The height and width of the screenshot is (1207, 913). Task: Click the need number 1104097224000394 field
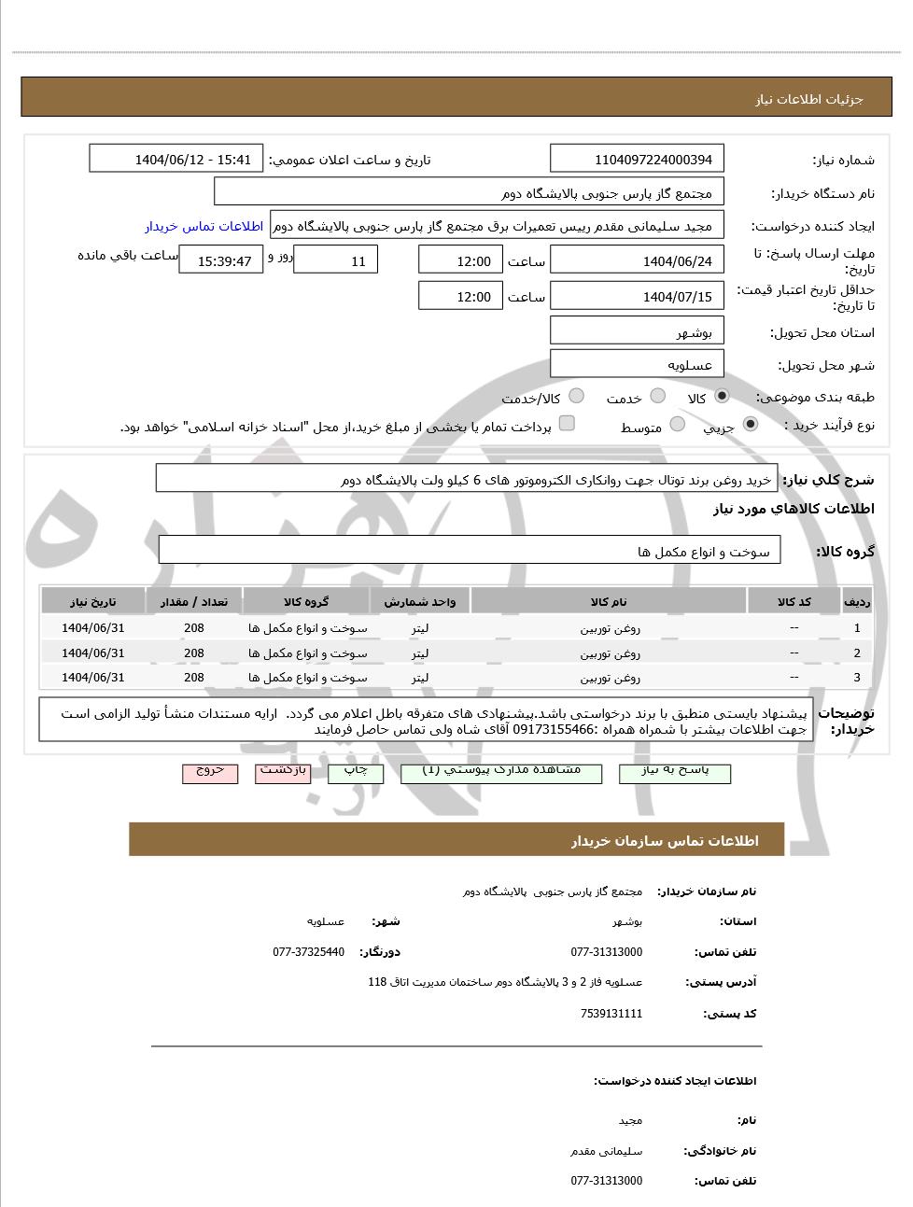(x=638, y=159)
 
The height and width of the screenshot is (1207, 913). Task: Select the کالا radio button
(x=722, y=397)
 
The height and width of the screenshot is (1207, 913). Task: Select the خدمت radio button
(x=658, y=397)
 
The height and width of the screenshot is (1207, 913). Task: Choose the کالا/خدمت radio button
(x=576, y=397)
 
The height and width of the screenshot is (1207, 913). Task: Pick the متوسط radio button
(x=678, y=425)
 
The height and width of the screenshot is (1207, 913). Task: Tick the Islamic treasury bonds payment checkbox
(x=567, y=424)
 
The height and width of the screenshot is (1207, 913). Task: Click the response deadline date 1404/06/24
(x=638, y=261)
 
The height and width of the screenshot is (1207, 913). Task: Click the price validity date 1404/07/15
(x=638, y=297)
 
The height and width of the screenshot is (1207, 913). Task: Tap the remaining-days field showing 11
(x=336, y=261)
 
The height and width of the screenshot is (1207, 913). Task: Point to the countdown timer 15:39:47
(x=221, y=261)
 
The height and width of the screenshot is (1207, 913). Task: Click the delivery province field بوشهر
(x=638, y=332)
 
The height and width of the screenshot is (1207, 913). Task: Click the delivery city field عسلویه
(x=638, y=365)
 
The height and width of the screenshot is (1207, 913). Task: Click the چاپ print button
(x=355, y=773)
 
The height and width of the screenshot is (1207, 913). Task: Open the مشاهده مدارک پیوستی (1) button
(x=501, y=773)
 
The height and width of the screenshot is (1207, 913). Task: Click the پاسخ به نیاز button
(x=675, y=773)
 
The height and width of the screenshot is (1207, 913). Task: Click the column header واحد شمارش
(x=420, y=602)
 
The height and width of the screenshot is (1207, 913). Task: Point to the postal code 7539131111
(x=611, y=1014)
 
